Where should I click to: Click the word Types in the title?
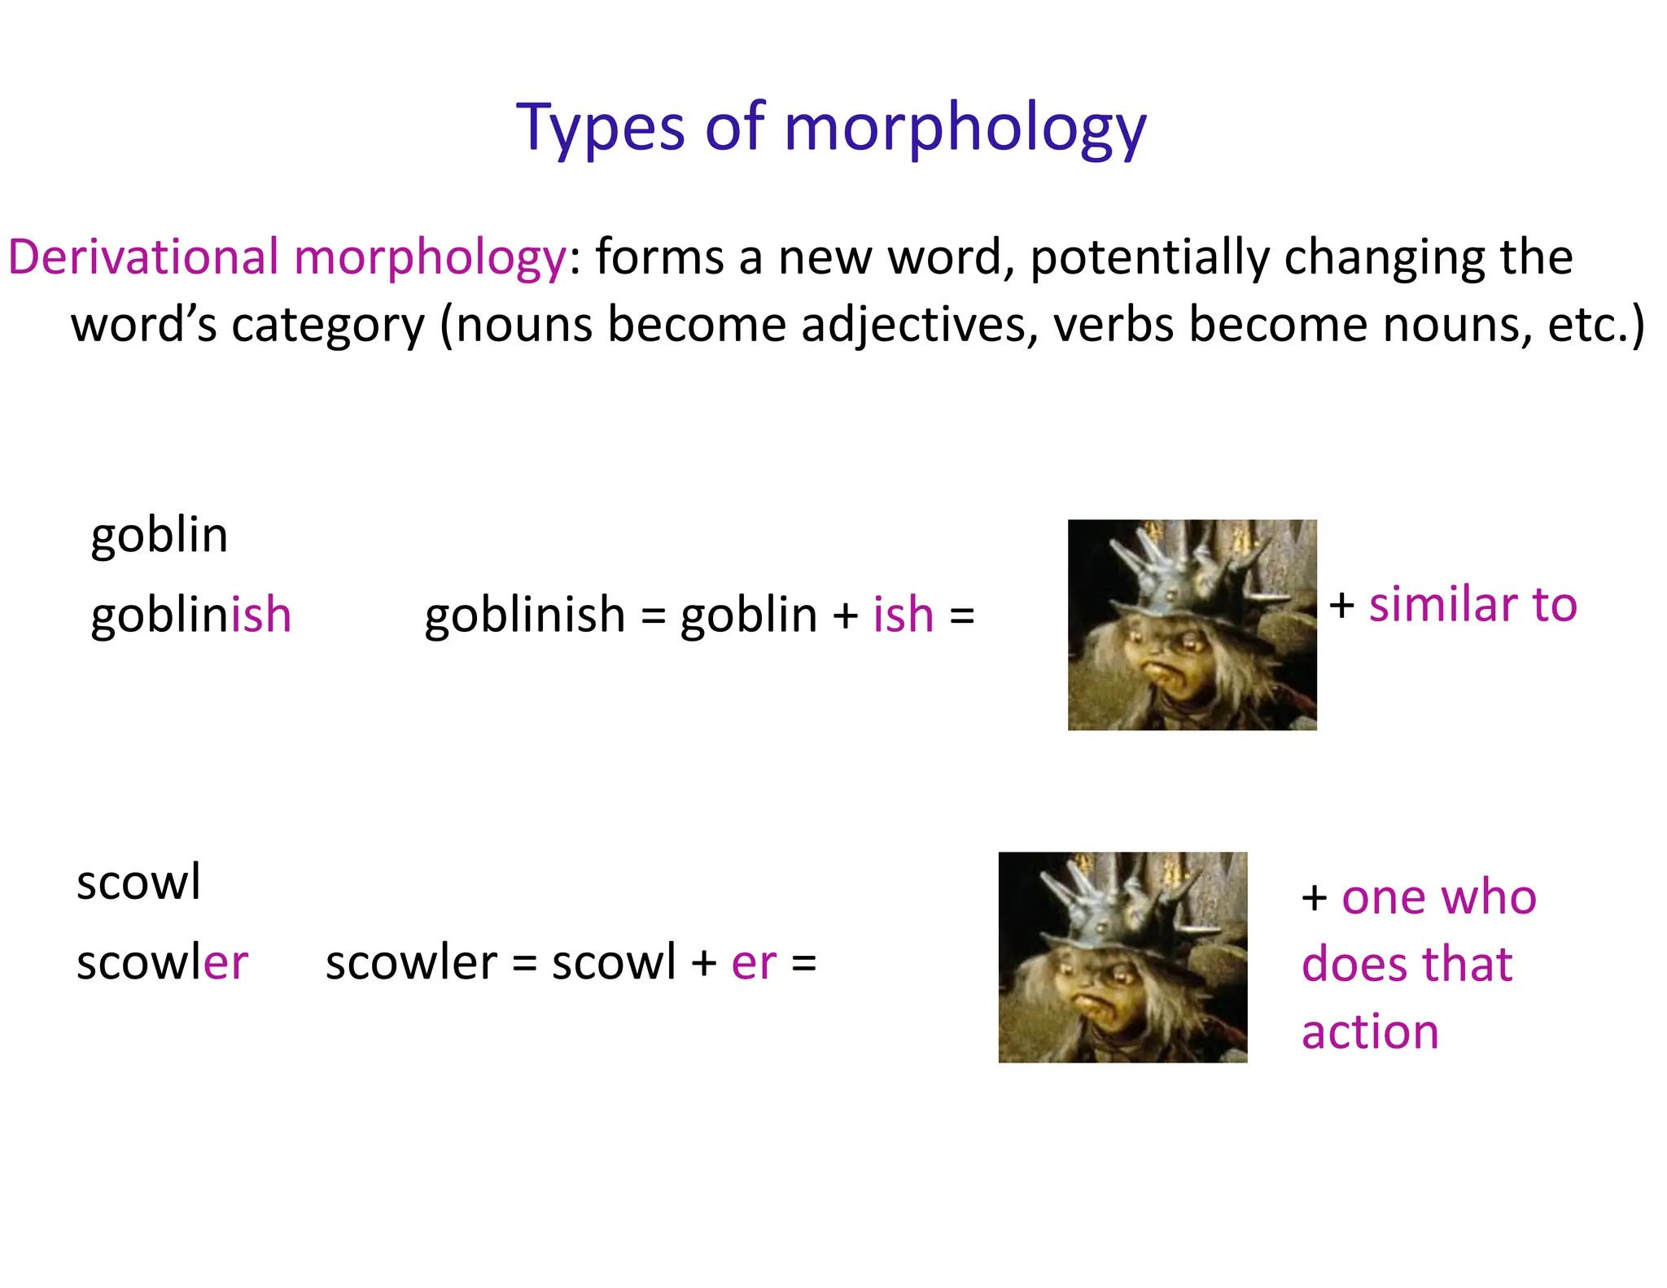601,129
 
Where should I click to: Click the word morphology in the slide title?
965,129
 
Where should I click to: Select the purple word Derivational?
143,257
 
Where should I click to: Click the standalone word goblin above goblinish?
160,536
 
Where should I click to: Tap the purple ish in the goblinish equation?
903,615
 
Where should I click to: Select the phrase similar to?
1472,605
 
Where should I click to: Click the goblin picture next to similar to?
1192,625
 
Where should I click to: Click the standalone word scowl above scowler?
138,883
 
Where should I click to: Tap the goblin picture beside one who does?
1122,957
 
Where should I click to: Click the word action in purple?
1370,1032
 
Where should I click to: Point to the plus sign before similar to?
1341,607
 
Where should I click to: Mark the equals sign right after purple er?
803,964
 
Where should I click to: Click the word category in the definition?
328,325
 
